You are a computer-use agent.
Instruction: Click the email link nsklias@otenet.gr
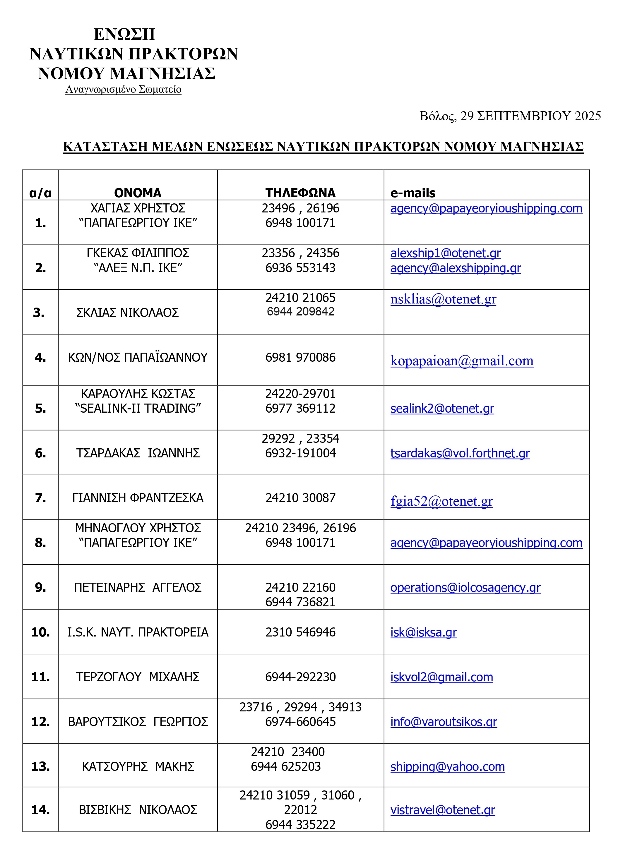point(443,299)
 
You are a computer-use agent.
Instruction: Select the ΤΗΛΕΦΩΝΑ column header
point(300,193)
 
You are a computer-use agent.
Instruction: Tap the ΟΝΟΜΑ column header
point(138,193)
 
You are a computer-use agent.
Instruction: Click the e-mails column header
point(413,193)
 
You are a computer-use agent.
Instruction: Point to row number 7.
point(40,498)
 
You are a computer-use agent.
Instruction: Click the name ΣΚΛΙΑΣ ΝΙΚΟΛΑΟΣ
point(127,313)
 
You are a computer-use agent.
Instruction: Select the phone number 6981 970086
point(300,357)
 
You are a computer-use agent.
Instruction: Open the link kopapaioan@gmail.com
point(462,361)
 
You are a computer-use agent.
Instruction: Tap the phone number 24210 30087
point(300,498)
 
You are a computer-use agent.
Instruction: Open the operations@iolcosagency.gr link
point(465,588)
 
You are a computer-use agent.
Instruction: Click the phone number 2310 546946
point(300,632)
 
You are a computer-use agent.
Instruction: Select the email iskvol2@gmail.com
point(441,677)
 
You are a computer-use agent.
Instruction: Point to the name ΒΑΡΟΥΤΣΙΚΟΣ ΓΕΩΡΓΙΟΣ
point(138,722)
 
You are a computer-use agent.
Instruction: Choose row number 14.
point(40,810)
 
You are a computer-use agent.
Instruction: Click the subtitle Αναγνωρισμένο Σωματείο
point(123,90)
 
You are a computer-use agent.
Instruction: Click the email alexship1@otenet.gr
point(445,253)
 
